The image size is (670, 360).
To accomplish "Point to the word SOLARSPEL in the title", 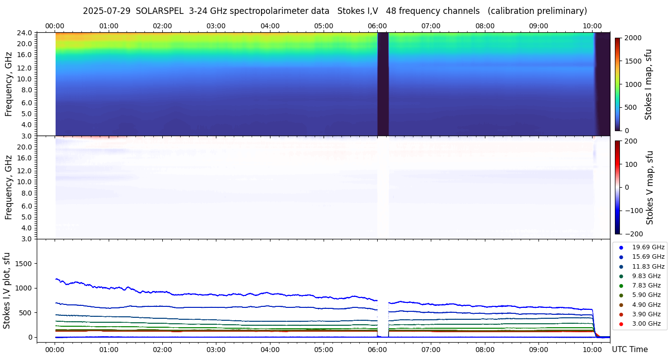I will click(160, 11).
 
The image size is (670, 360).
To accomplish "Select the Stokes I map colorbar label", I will click(648, 84).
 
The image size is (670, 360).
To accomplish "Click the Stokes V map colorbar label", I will click(650, 188).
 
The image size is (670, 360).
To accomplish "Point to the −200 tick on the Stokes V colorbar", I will click(635, 234).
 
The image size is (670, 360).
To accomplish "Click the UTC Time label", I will click(629, 350).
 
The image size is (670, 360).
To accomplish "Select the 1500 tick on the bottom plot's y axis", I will click(24, 264).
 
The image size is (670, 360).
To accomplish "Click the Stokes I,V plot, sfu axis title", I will click(7, 290).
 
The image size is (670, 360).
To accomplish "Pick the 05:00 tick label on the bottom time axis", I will click(324, 350).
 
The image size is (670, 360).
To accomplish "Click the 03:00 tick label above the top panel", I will click(216, 26).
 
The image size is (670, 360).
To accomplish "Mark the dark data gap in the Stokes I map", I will click(383, 83).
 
